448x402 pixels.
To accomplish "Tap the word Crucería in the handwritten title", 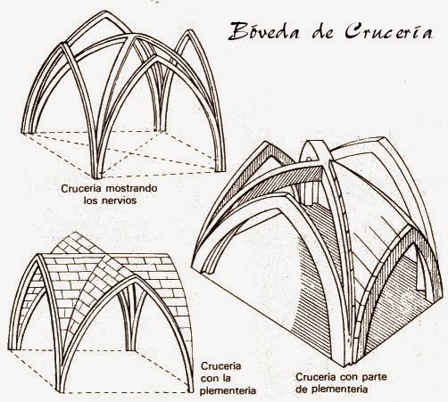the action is point(388,30).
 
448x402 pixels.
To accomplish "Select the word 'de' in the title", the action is point(323,31).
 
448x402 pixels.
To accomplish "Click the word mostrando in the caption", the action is point(131,188).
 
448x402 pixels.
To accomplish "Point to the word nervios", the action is point(119,201).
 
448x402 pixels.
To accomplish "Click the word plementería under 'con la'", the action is point(228,390).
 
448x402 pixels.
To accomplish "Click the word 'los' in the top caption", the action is point(90,201).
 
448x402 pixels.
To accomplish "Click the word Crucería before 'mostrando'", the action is point(82,188).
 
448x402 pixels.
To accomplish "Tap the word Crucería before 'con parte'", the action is point(316,377).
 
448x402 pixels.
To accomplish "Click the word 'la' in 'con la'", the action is point(227,378).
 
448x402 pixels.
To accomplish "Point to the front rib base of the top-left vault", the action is point(96,176).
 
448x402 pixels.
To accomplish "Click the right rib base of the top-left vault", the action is point(220,169).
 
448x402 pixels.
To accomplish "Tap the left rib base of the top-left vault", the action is point(27,131).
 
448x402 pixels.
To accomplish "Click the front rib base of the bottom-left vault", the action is point(60,390).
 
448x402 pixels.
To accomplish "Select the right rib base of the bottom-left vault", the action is point(189,390).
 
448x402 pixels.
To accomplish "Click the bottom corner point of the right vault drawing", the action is point(344,366).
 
